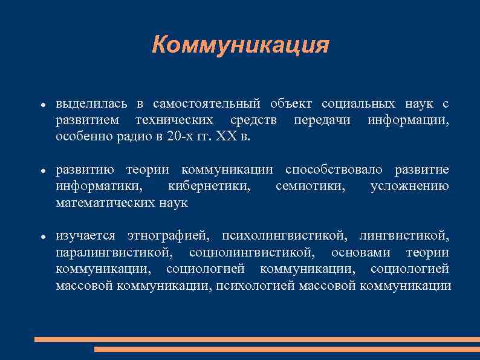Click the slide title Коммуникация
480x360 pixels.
(x=241, y=44)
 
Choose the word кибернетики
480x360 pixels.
(x=209, y=186)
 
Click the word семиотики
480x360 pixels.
(x=311, y=186)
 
